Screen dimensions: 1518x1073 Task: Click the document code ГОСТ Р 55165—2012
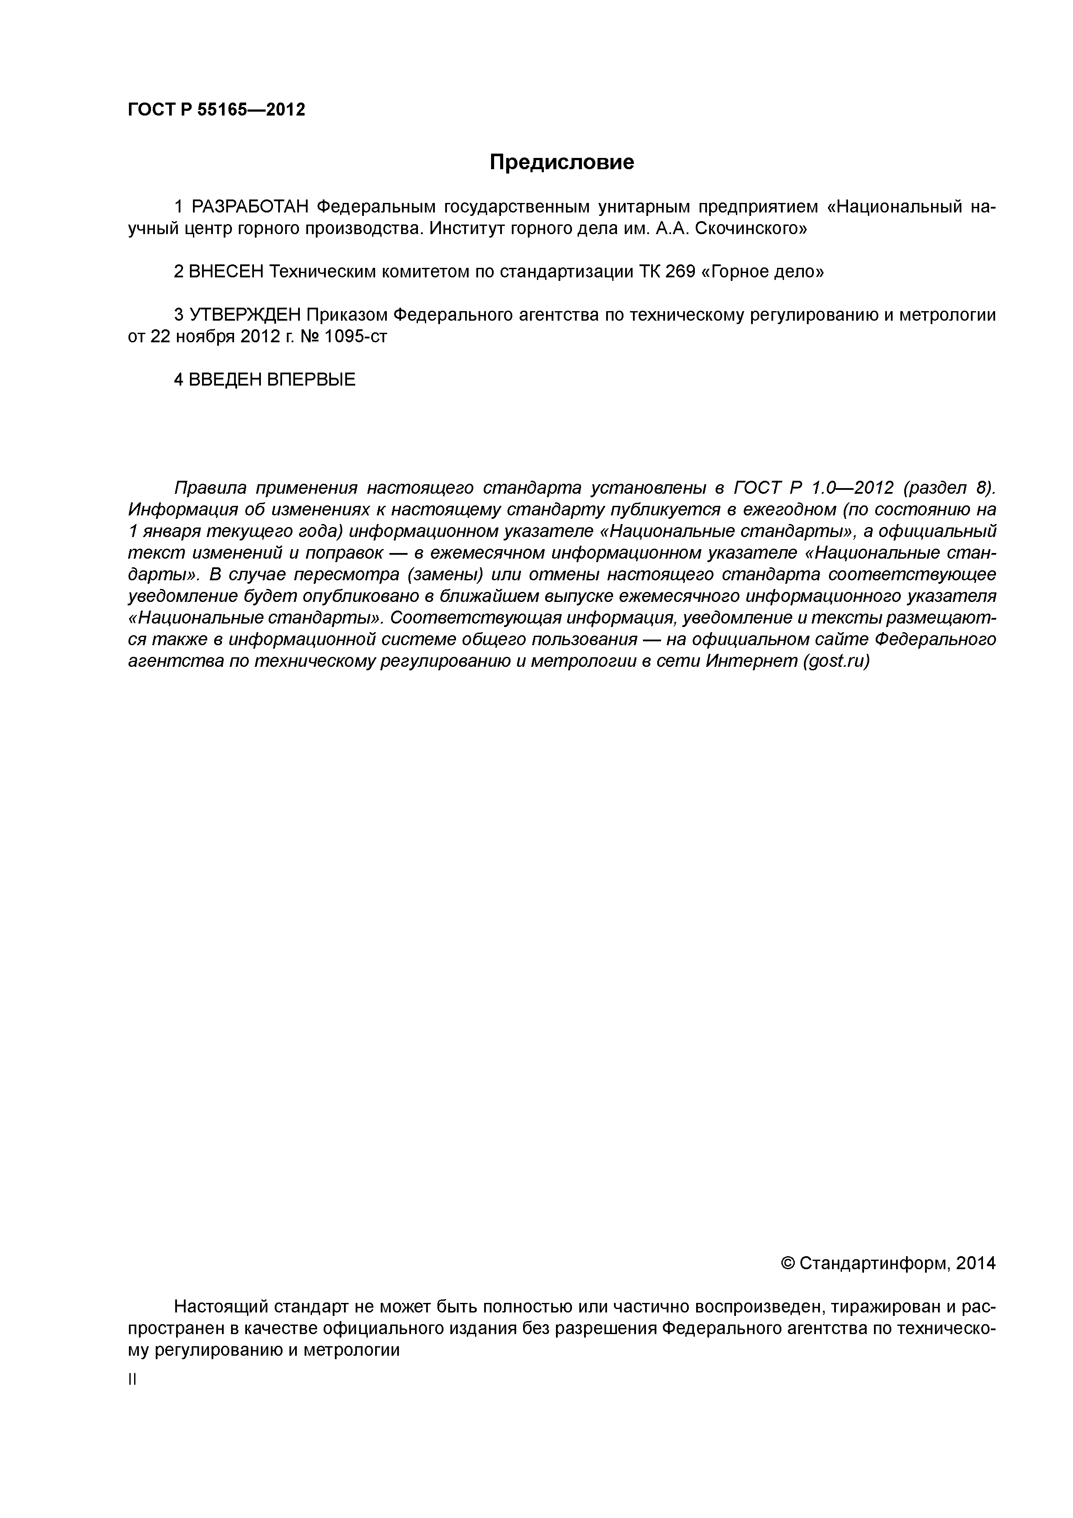(x=216, y=110)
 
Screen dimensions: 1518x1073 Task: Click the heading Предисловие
(x=561, y=162)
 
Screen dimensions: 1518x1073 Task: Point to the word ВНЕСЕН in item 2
(x=226, y=272)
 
